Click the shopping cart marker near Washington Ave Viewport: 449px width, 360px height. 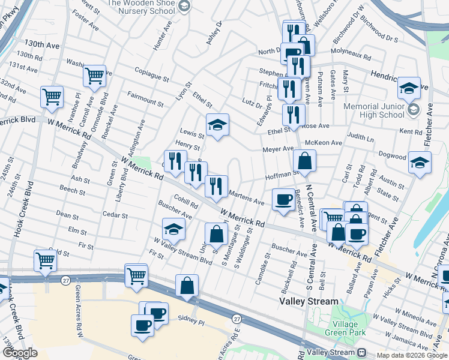tap(94, 76)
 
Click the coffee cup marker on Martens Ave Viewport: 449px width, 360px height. tap(283, 200)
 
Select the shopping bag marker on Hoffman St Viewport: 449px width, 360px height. tap(304, 161)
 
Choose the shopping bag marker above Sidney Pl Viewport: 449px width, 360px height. tap(187, 286)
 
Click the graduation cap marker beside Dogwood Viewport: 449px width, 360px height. tap(420, 163)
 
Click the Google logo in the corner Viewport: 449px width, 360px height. tap(20, 353)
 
